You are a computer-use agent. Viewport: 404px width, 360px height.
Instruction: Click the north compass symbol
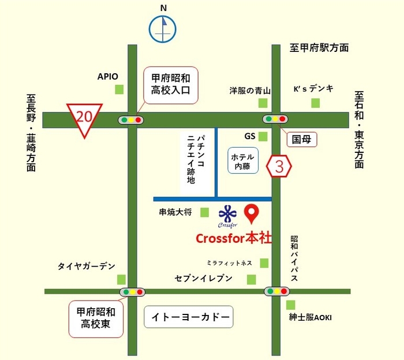click(x=163, y=29)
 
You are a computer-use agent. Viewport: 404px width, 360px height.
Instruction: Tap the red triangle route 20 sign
click(x=84, y=118)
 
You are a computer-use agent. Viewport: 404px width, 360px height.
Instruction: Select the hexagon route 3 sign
click(x=279, y=167)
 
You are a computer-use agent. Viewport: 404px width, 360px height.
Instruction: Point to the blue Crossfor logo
click(x=228, y=215)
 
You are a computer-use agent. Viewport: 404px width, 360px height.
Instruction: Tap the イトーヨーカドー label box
click(x=188, y=317)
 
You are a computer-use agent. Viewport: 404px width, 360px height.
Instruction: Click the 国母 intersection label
click(x=302, y=138)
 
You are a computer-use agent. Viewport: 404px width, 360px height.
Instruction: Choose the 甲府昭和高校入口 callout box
click(x=171, y=85)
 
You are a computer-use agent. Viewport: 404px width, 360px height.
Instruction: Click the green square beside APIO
click(x=119, y=89)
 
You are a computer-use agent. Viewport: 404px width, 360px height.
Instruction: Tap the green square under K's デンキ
click(x=315, y=103)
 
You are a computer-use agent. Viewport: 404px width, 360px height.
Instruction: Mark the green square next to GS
click(x=263, y=137)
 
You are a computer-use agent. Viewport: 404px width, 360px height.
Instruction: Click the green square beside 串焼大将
click(x=204, y=212)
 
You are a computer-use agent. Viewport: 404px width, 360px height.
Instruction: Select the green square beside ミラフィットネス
click(x=264, y=263)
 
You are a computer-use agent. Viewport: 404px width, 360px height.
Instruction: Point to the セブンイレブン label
click(x=204, y=279)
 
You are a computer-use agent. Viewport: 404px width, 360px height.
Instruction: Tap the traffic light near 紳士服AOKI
click(x=276, y=291)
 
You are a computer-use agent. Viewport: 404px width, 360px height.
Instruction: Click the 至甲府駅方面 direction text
click(x=319, y=48)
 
